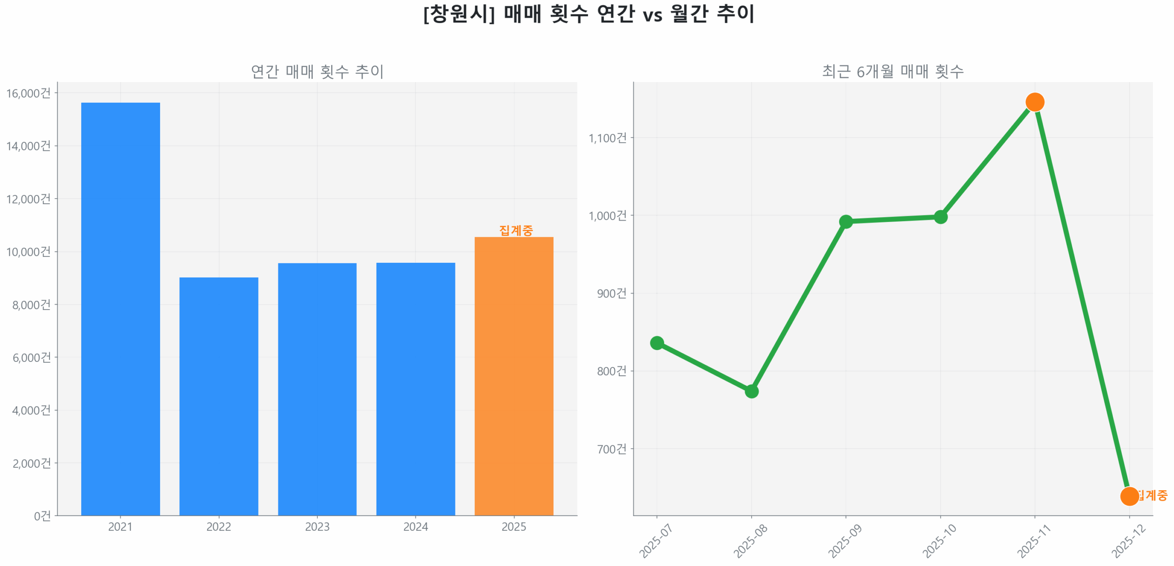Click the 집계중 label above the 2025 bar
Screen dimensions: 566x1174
tap(515, 230)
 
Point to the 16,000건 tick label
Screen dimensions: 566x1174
tap(28, 93)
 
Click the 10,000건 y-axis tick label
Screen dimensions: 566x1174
tap(28, 251)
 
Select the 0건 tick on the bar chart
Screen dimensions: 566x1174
tap(42, 516)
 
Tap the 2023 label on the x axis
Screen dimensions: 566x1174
tap(317, 526)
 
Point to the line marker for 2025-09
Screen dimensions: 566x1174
tap(845, 222)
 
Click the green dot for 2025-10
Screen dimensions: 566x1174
tap(940, 216)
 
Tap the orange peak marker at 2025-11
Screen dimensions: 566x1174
tap(1034, 102)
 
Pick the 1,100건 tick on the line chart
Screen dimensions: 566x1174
tap(607, 138)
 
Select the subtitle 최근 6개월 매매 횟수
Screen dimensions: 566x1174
tap(892, 71)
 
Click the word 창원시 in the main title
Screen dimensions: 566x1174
tap(458, 14)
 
